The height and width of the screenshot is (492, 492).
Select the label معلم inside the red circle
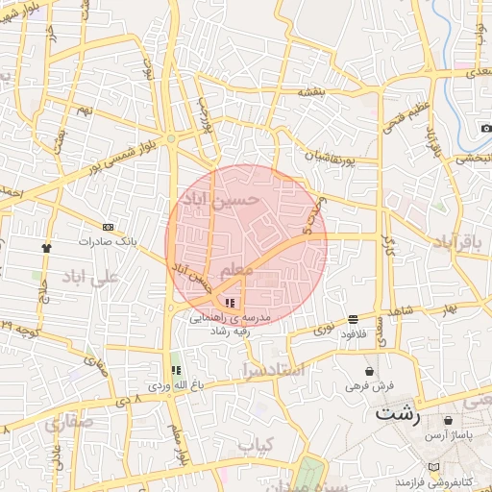pyautogui.click(x=235, y=271)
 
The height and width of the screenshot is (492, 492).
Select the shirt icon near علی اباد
pyautogui.click(x=45, y=247)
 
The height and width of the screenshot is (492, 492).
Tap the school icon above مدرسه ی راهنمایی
pyautogui.click(x=229, y=303)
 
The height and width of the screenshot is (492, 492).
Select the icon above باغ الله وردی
pyautogui.click(x=175, y=370)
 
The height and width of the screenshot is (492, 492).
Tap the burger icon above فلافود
pyautogui.click(x=354, y=318)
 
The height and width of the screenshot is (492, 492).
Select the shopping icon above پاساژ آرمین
pyautogui.click(x=449, y=421)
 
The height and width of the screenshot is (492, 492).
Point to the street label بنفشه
pyautogui.click(x=338, y=92)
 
